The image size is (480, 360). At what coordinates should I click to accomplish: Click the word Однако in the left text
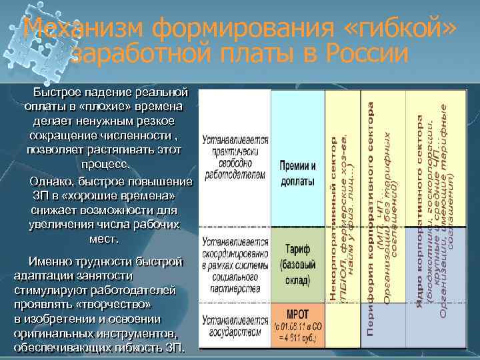(52, 182)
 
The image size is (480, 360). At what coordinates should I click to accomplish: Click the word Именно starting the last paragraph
(46, 261)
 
